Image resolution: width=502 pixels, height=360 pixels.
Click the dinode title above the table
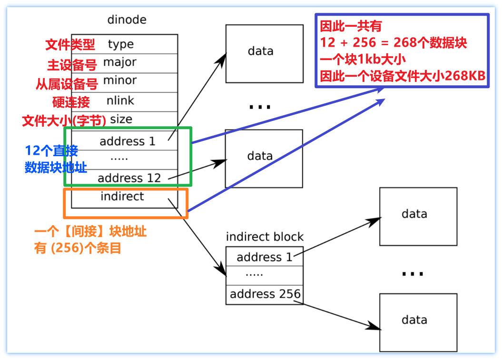[127, 20]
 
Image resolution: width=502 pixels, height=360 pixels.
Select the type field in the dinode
[121, 44]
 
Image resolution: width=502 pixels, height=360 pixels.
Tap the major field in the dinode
[120, 62]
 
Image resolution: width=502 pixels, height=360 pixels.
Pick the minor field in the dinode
[120, 80]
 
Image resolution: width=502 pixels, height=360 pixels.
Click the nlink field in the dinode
[121, 100]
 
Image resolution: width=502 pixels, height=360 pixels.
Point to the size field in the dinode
[121, 119]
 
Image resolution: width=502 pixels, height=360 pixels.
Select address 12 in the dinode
[129, 178]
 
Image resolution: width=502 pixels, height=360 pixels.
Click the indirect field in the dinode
[122, 196]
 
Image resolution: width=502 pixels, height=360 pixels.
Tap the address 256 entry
[265, 294]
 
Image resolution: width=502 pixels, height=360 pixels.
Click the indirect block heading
[265, 237]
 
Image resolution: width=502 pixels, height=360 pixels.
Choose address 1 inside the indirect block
[265, 257]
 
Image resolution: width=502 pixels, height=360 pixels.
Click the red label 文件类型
[70, 45]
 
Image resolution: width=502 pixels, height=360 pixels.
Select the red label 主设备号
[72, 65]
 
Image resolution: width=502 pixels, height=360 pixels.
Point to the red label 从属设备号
[67, 84]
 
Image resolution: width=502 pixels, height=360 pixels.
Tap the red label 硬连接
[71, 102]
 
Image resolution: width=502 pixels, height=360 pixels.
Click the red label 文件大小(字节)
[64, 121]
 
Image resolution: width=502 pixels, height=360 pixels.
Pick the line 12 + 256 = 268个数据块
[394, 43]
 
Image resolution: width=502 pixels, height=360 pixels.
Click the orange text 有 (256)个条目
[78, 249]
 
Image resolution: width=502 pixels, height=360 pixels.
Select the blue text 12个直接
[51, 151]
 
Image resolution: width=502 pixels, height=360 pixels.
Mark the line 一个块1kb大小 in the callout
[364, 60]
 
